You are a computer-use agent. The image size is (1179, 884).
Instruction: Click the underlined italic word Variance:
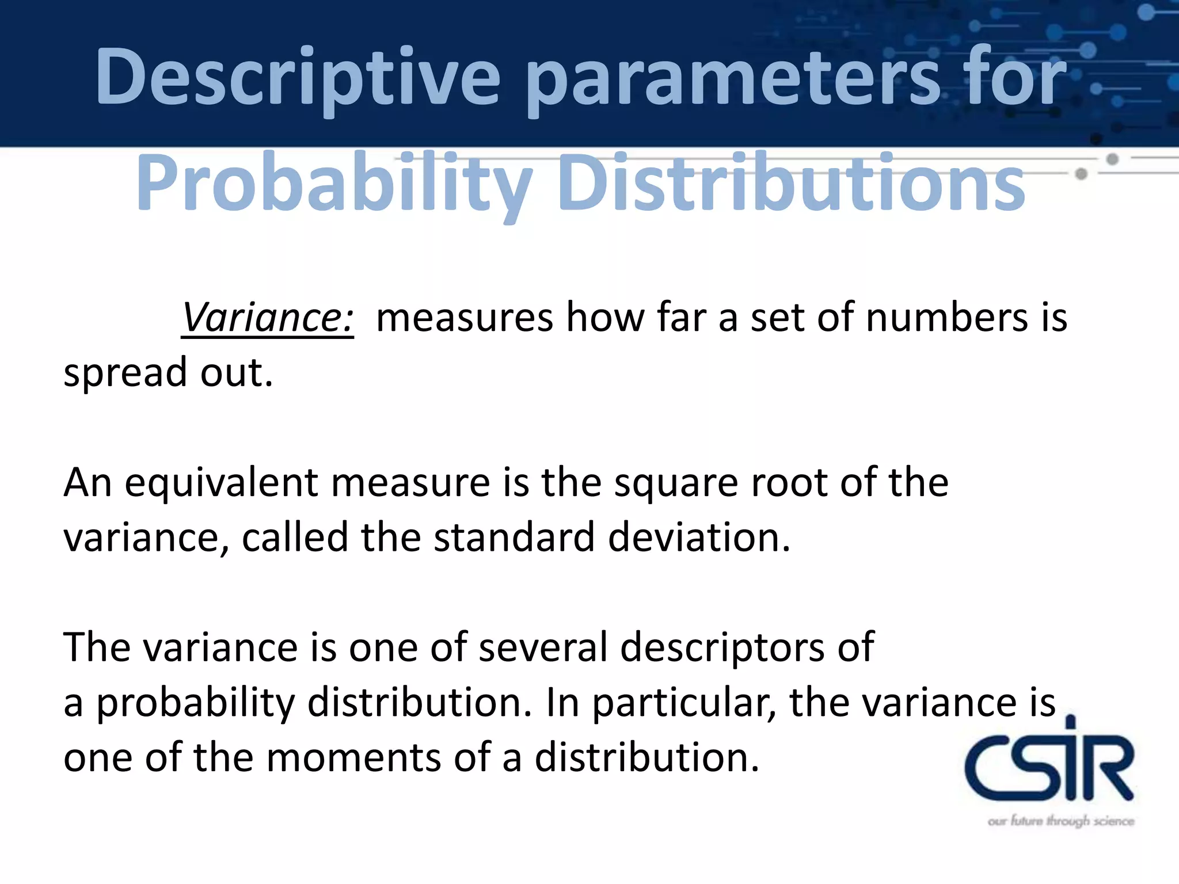click(x=267, y=318)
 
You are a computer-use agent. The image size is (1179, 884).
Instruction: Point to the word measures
click(x=464, y=318)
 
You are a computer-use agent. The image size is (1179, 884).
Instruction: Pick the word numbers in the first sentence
click(x=946, y=318)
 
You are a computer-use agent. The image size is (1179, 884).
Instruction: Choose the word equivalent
click(x=222, y=482)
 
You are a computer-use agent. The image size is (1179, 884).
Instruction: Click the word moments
click(x=353, y=757)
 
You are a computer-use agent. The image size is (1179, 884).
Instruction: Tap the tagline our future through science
click(x=1060, y=821)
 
